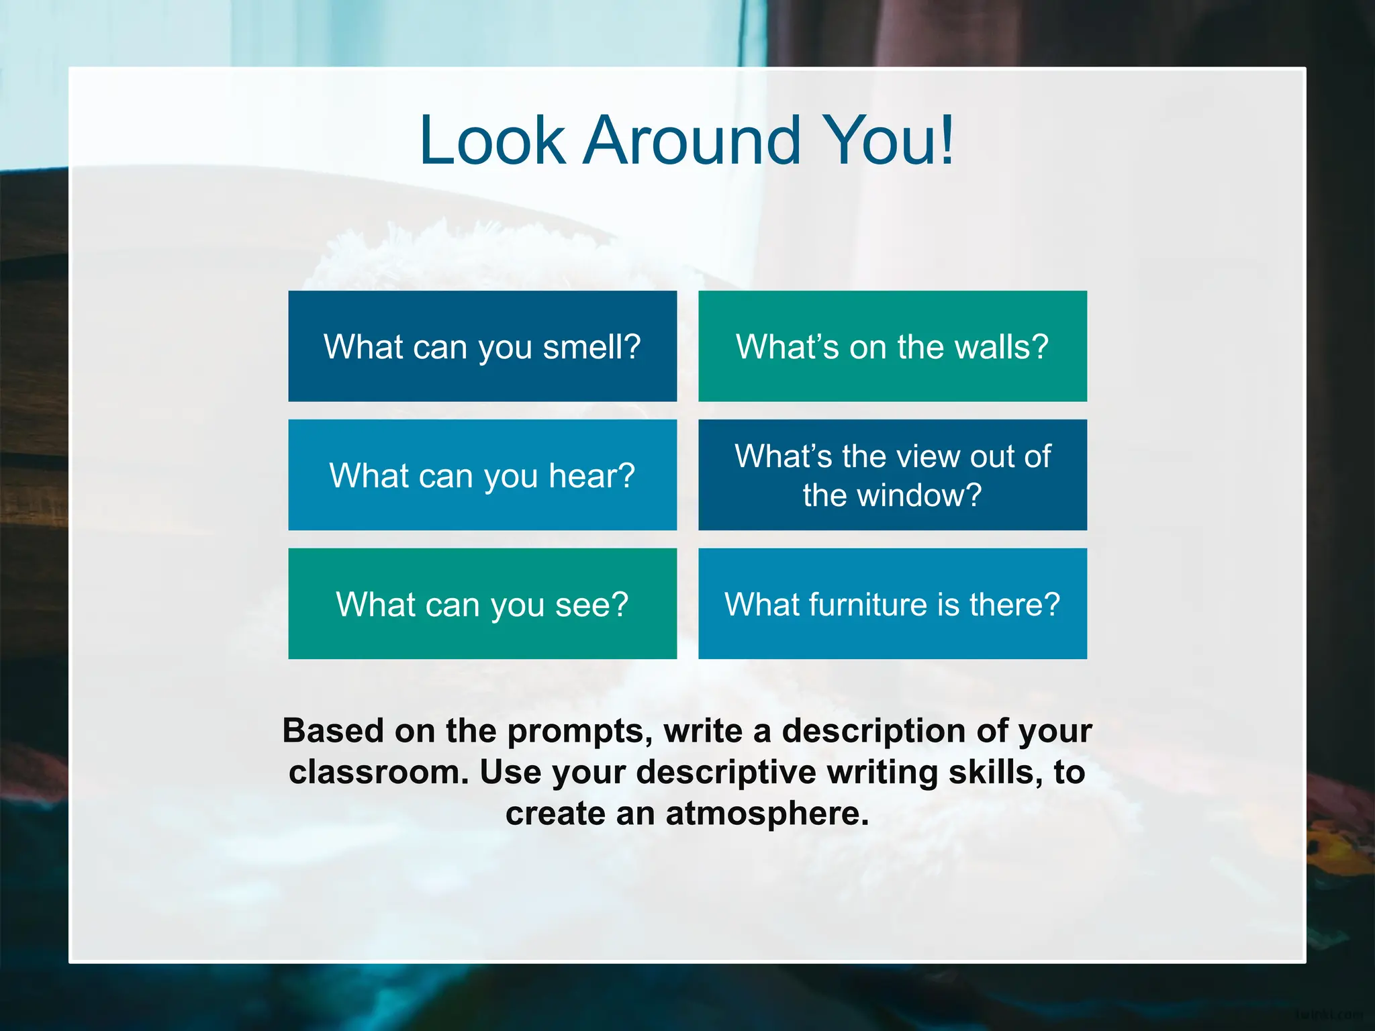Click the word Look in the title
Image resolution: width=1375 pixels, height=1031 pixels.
click(492, 141)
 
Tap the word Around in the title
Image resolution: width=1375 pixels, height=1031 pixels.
click(692, 141)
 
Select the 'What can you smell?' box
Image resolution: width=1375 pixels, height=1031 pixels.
click(482, 346)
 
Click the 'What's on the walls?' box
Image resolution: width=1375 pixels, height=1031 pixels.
click(892, 346)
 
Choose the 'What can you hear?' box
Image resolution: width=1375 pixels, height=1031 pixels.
click(482, 475)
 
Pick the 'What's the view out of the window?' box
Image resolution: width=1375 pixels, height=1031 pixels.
click(892, 475)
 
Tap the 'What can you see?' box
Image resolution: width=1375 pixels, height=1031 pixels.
click(482, 604)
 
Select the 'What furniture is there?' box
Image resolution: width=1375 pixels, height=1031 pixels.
click(892, 604)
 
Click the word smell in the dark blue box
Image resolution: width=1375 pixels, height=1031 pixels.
click(591, 348)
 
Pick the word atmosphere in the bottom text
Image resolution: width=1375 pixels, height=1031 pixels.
click(767, 814)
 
